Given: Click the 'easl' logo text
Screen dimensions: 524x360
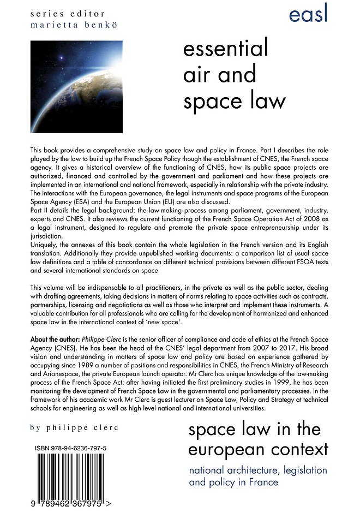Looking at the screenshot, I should (x=308, y=13).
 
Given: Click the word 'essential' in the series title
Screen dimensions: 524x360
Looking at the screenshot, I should (x=226, y=50).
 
